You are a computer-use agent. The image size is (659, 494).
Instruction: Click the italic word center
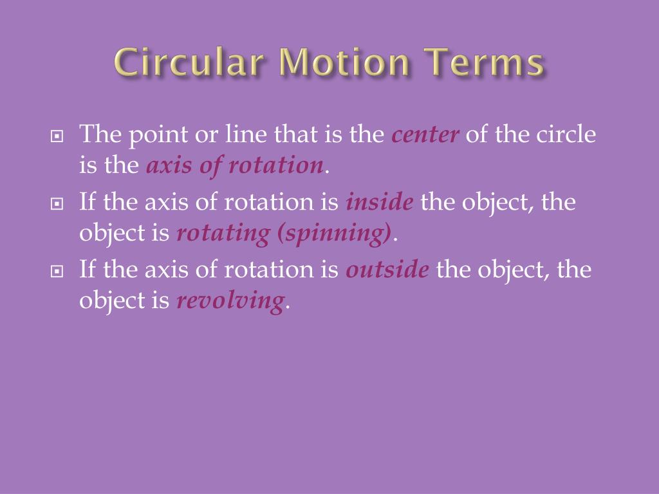[x=425, y=135]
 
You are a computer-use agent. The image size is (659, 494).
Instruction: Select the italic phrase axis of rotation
[x=234, y=166]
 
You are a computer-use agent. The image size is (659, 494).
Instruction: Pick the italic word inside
[x=380, y=202]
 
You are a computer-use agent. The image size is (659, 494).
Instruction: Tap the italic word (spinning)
[x=334, y=233]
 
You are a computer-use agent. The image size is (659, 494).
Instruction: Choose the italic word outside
[x=387, y=269]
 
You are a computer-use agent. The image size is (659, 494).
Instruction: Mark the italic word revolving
[x=230, y=300]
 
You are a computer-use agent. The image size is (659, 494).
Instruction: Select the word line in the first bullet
[x=241, y=135]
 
